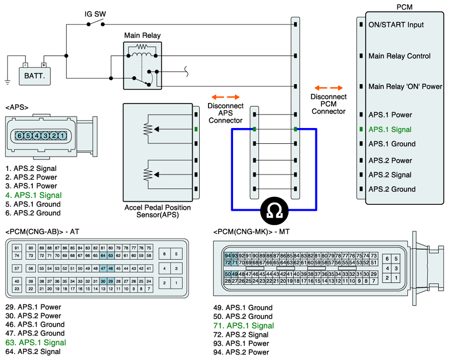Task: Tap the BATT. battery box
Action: pos(35,76)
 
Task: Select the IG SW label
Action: pos(95,14)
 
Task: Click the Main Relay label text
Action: pos(142,36)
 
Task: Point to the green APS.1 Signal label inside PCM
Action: pos(389,129)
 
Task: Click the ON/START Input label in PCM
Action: pos(396,24)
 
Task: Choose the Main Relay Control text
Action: pos(399,56)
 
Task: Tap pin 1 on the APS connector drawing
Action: pos(62,136)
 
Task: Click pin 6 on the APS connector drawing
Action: pos(19,136)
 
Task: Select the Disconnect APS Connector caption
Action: pos(225,113)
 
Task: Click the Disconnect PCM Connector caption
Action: pos(328,104)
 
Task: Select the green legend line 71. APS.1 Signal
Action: pos(243,326)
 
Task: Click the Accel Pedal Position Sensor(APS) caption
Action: pos(158,211)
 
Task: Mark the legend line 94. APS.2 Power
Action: pos(241,352)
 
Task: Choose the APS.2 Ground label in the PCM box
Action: pos(392,189)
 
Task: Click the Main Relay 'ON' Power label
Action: pos(405,86)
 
